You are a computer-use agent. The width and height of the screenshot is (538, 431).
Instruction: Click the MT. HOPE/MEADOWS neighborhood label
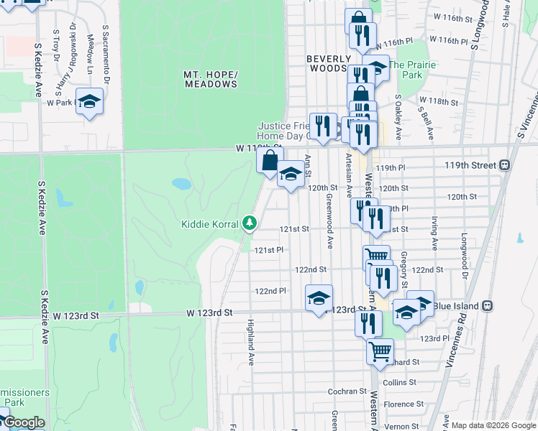tap(210, 80)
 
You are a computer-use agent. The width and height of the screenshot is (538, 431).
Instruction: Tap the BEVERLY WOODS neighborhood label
tap(329, 64)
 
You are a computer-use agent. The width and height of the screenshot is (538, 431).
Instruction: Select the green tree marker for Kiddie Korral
tap(250, 223)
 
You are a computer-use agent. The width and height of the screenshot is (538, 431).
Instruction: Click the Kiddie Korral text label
tap(210, 224)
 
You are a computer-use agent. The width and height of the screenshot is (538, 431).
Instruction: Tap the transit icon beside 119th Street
tap(505, 164)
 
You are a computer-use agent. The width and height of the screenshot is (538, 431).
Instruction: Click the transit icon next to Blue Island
tap(488, 305)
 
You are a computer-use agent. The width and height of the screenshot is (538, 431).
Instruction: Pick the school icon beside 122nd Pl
tap(319, 297)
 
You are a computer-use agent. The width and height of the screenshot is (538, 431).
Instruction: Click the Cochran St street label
tap(348, 391)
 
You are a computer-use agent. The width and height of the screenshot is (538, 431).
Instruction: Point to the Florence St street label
tap(403, 404)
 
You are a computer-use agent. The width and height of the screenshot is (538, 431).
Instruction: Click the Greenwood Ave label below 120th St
tap(329, 221)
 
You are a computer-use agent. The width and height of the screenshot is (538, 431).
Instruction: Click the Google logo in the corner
tap(24, 422)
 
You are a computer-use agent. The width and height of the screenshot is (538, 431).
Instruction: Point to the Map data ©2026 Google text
tap(493, 425)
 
